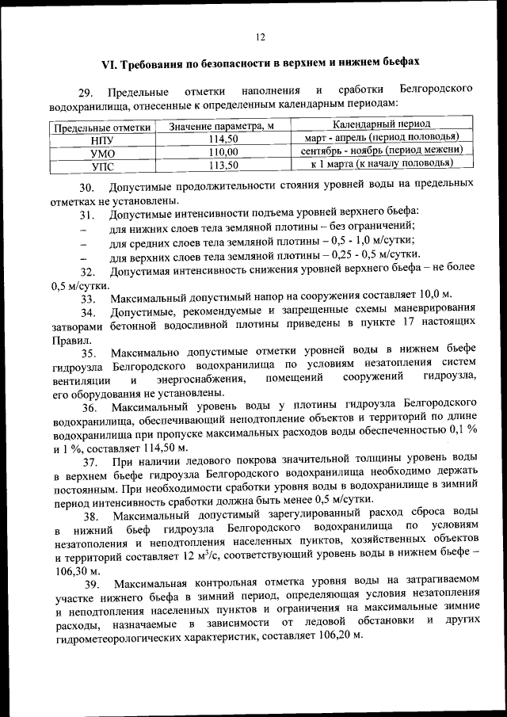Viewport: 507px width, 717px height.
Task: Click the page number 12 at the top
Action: pos(261,36)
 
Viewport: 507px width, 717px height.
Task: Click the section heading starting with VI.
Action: pos(261,62)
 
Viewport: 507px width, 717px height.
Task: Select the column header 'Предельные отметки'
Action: pos(101,127)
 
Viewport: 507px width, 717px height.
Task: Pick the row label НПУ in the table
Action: pos(103,139)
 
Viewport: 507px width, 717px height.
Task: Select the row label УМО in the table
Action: pos(103,152)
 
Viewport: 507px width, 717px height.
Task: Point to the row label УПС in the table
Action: pos(103,166)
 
